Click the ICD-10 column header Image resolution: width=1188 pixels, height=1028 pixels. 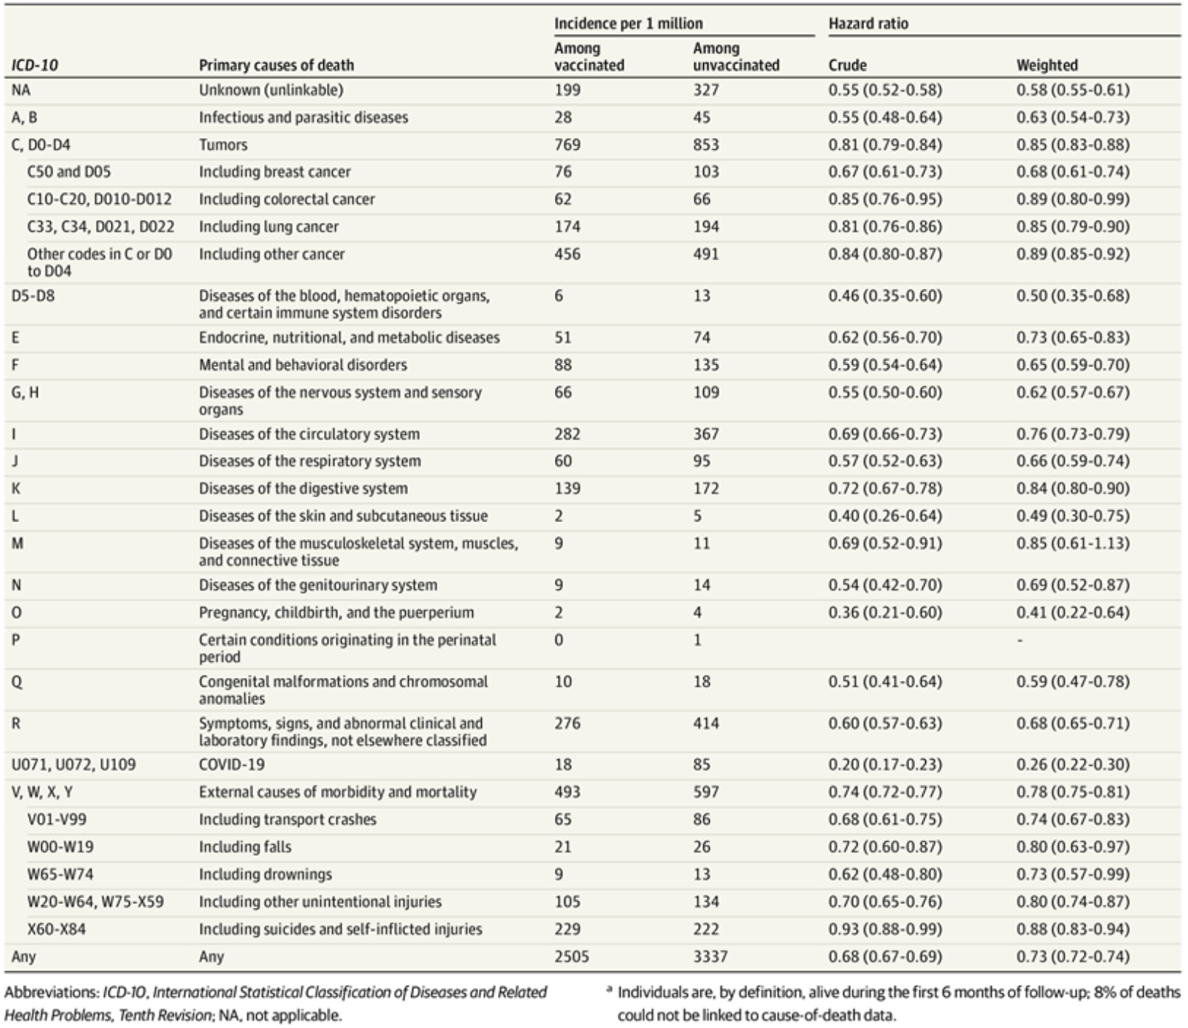click(35, 65)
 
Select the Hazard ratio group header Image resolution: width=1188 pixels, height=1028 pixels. click(868, 24)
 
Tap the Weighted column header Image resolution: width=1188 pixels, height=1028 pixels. click(1046, 65)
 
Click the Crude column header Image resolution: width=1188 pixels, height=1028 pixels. click(847, 65)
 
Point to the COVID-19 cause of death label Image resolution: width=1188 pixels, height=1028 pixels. click(231, 764)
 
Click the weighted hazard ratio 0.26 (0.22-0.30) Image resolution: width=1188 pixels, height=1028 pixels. click(1072, 764)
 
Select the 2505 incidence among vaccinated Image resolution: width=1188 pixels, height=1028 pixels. click(571, 956)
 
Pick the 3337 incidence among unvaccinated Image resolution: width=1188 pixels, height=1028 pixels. click(710, 956)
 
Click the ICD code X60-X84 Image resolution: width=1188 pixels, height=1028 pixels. click(56, 929)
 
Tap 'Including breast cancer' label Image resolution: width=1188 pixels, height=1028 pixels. click(274, 172)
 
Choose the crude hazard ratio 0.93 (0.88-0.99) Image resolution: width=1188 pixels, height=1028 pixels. click(885, 929)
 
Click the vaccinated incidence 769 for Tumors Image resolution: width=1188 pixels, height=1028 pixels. click(567, 145)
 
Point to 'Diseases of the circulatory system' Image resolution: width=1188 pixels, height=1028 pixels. click(308, 434)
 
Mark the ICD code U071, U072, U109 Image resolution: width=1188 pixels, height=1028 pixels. click(73, 764)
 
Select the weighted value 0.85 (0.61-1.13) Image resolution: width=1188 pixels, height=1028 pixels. click(1072, 544)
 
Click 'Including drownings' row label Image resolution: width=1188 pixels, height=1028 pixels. click(265, 874)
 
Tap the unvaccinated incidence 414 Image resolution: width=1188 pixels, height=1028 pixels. click(705, 723)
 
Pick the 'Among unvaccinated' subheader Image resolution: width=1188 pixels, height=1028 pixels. click(736, 57)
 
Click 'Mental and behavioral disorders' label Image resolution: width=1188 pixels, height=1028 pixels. click(303, 365)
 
